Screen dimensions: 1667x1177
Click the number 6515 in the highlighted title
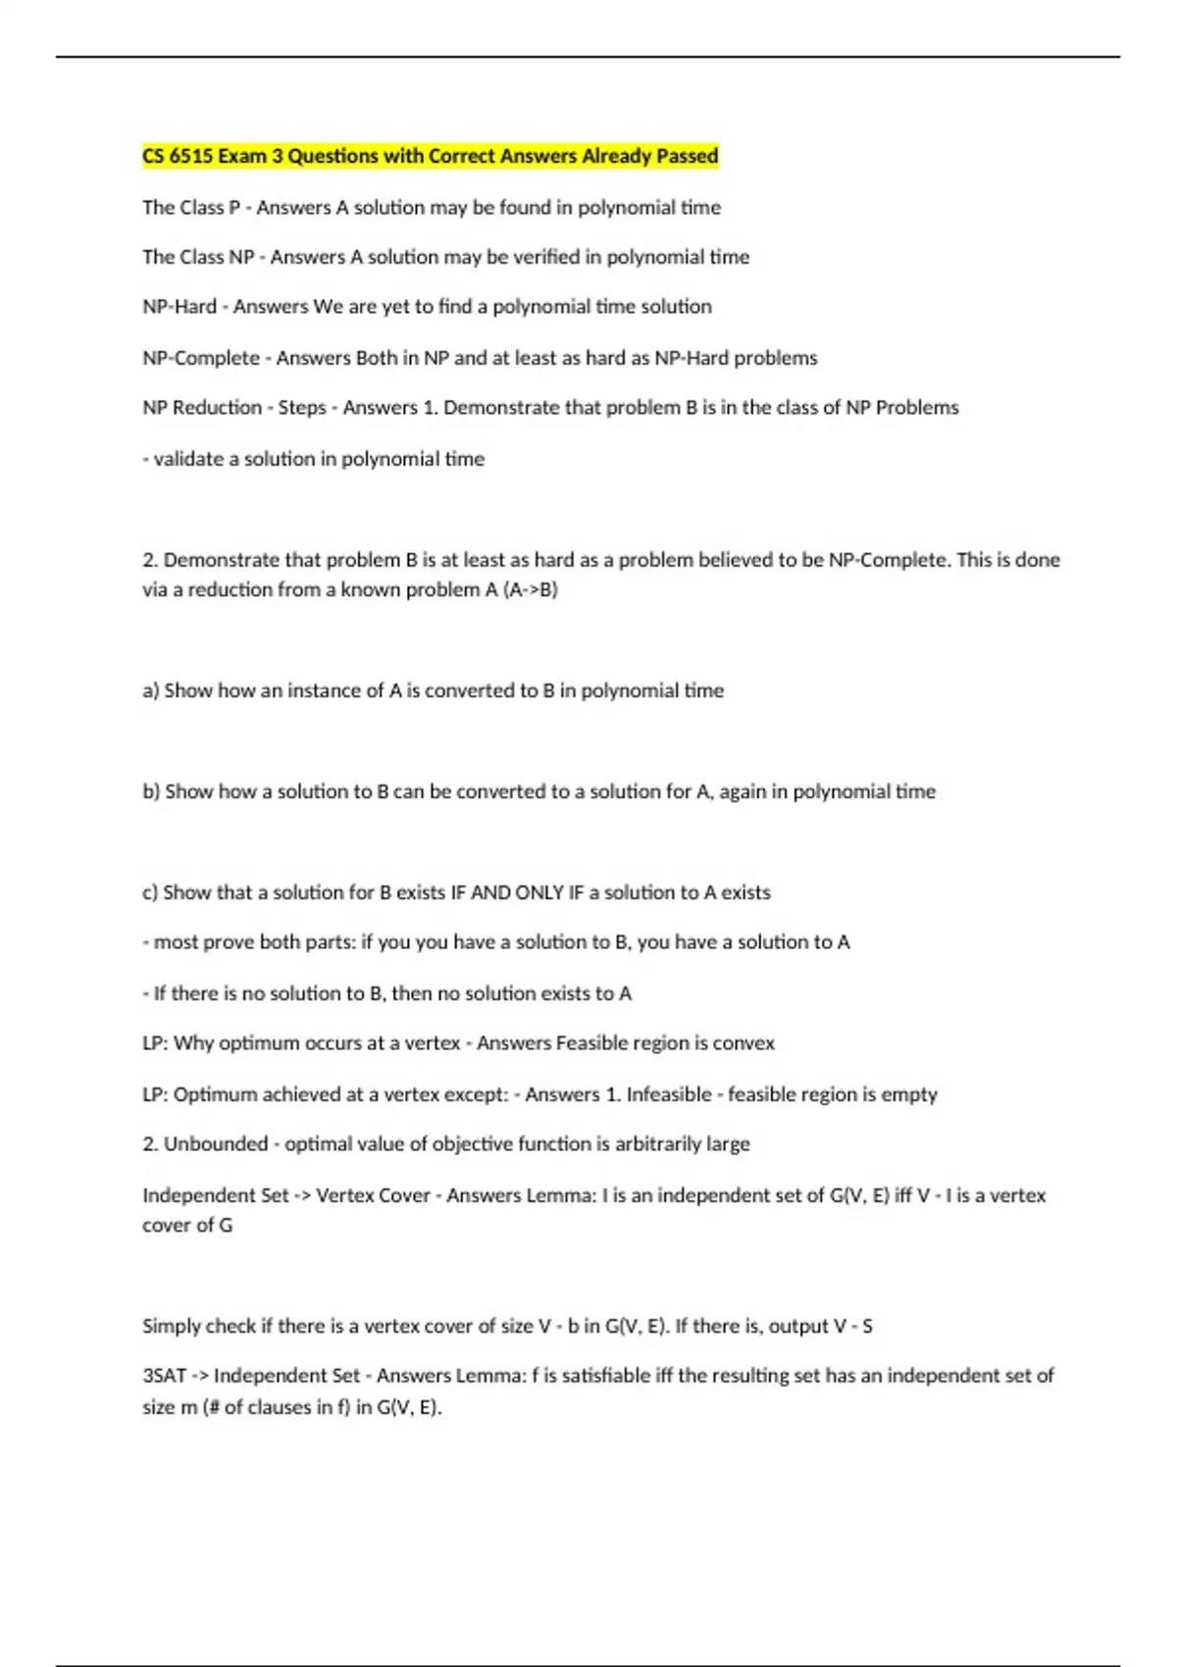pyautogui.click(x=190, y=156)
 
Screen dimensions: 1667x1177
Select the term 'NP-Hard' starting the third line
pyautogui.click(x=179, y=307)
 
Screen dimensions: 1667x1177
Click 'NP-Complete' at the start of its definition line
pyautogui.click(x=201, y=358)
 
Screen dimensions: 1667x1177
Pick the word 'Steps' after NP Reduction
pyautogui.click(x=302, y=408)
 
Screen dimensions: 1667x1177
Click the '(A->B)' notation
pyautogui.click(x=530, y=590)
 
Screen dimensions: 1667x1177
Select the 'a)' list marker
pyautogui.click(x=151, y=691)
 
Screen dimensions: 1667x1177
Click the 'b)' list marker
pyautogui.click(x=151, y=791)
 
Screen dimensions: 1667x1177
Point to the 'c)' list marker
pyautogui.click(x=150, y=893)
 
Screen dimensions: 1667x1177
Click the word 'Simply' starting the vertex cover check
pyautogui.click(x=173, y=1327)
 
